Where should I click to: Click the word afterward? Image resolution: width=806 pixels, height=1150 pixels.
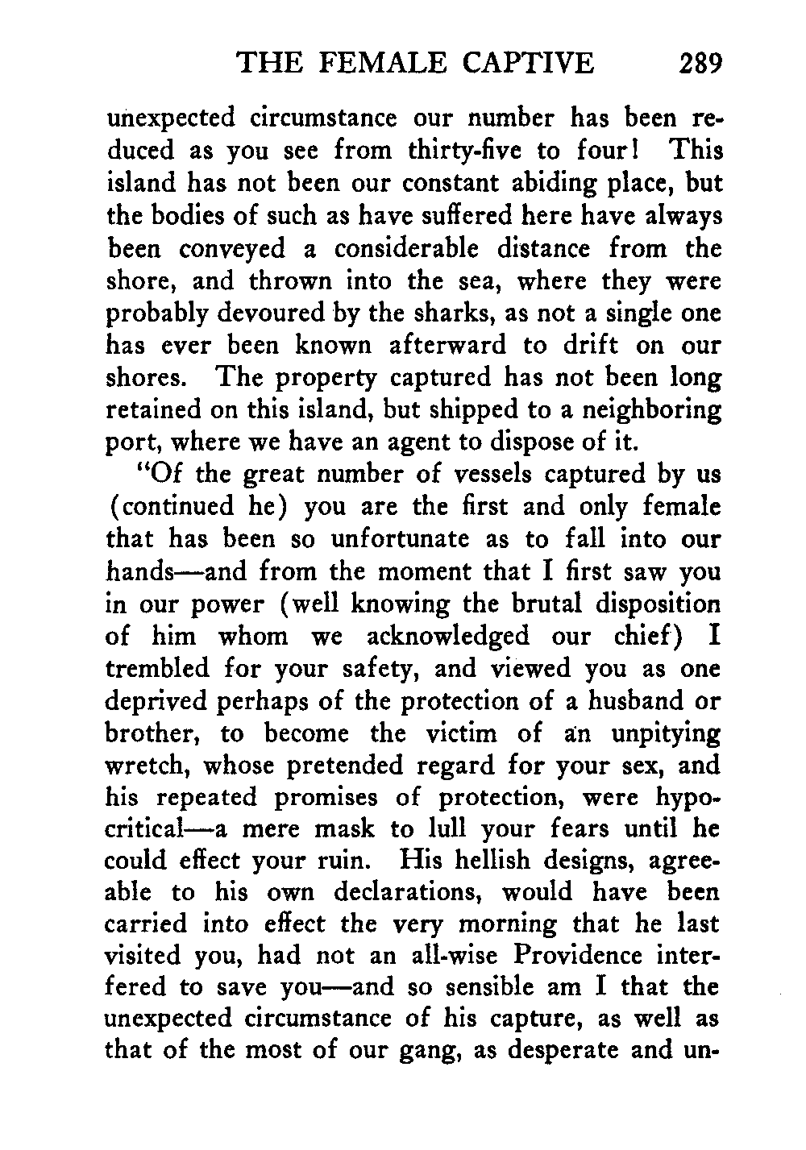point(448,346)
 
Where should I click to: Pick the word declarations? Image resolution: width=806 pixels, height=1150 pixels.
point(402,891)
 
